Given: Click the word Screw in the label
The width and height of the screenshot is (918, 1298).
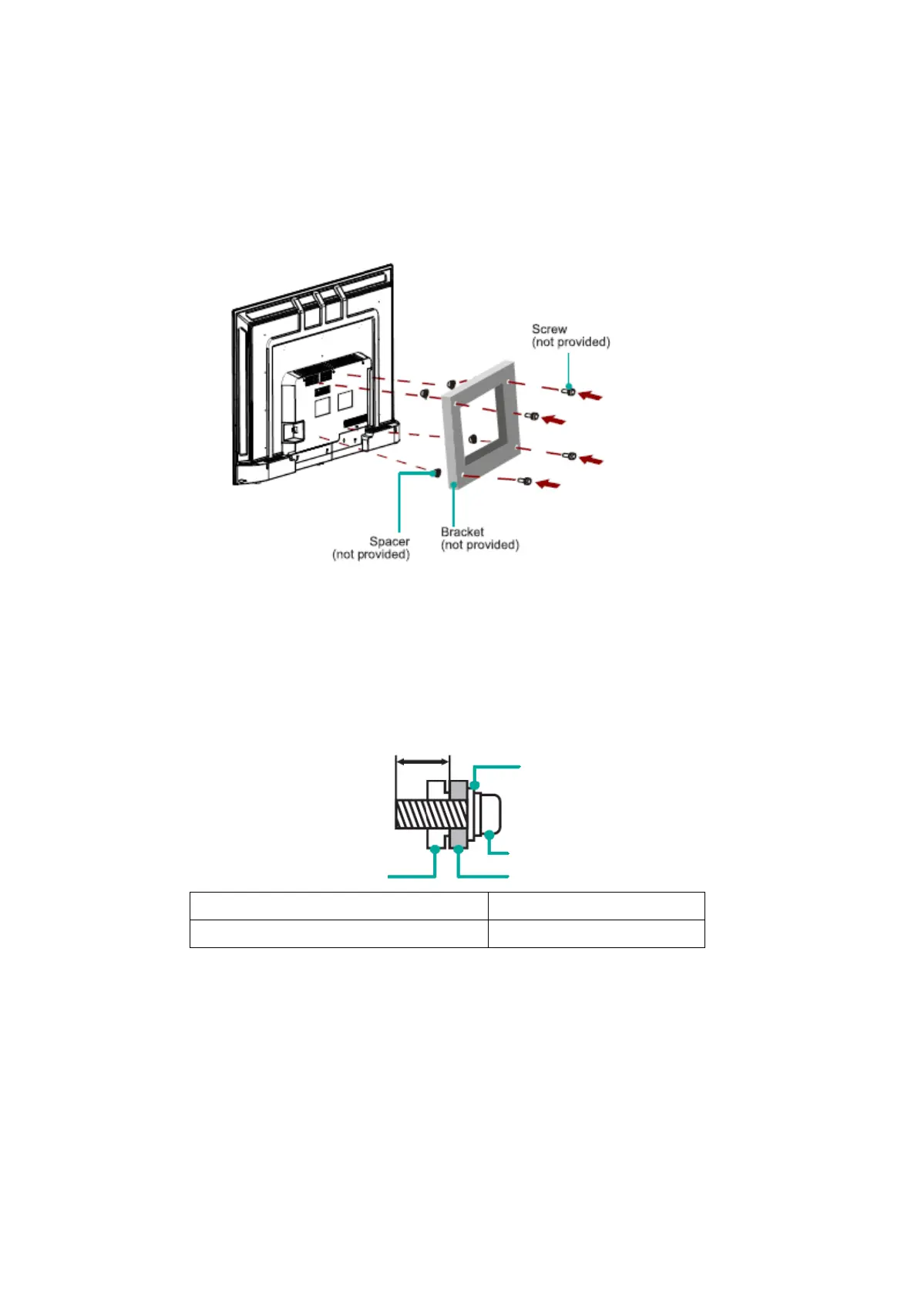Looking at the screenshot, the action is click(x=549, y=329).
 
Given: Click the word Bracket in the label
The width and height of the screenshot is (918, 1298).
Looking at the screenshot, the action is click(x=462, y=532).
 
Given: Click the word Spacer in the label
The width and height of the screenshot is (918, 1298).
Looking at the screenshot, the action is click(x=389, y=542).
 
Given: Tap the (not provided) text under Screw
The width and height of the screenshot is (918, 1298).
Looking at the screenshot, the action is click(x=570, y=342).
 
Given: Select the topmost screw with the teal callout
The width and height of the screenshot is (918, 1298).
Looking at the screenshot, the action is click(x=569, y=392).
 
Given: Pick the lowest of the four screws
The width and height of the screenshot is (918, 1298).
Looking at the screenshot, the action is click(x=526, y=482).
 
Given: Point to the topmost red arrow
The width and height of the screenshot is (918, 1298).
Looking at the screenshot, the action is click(x=590, y=395).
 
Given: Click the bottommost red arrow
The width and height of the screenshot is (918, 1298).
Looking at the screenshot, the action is click(x=549, y=484).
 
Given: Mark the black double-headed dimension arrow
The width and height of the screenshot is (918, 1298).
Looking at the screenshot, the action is click(x=422, y=761).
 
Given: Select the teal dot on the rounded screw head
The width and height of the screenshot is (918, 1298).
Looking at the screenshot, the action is click(x=489, y=835).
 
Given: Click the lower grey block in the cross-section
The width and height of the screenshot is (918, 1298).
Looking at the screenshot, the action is click(x=459, y=838).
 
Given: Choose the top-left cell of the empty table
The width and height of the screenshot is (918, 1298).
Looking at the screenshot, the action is click(x=338, y=906).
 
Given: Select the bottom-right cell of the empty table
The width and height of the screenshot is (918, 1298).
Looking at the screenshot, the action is click(x=596, y=933).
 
